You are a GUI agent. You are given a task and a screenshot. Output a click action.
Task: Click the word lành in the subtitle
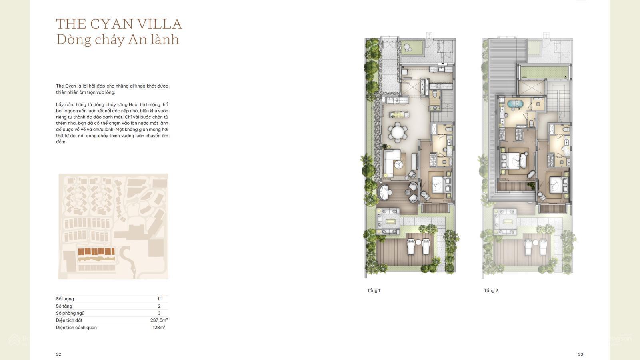165,39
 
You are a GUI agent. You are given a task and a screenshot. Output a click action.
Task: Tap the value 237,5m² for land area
159,320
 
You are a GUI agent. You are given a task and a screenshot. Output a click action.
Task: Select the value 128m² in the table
159,328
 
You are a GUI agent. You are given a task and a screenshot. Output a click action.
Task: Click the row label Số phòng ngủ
70,313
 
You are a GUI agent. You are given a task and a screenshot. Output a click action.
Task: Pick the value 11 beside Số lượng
159,299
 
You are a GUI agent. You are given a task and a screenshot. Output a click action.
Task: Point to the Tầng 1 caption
374,290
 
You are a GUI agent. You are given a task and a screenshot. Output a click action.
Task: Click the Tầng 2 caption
491,290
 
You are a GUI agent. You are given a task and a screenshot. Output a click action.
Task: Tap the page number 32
58,354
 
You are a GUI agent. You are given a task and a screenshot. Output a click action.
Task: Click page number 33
580,354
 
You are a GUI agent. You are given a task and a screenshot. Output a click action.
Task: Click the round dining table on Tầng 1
398,132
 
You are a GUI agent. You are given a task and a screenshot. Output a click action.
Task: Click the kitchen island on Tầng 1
399,114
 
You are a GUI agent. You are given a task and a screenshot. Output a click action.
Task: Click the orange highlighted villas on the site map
96,252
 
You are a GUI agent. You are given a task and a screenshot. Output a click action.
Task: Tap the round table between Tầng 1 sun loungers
418,242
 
